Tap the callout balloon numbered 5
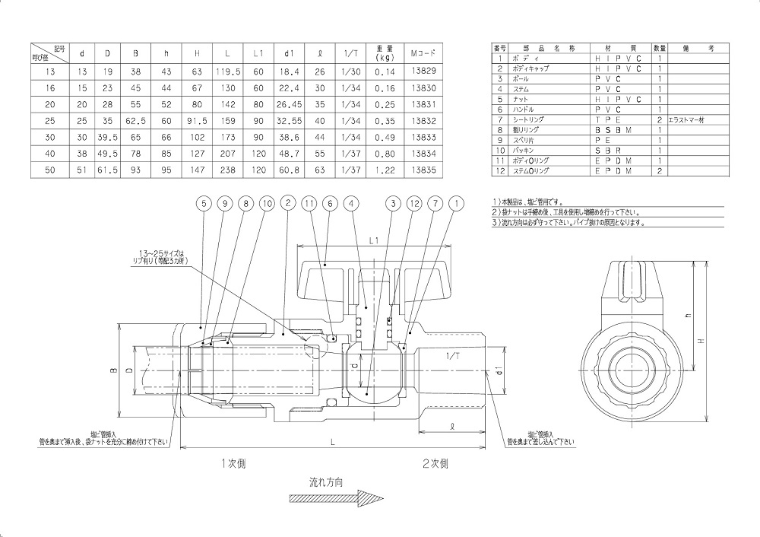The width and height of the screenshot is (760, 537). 203,203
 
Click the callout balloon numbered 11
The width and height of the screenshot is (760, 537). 309,203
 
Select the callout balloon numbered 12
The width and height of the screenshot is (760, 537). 413,203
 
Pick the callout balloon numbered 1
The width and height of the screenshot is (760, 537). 456,203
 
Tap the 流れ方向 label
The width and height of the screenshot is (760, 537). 326,482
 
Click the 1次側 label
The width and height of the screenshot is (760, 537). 233,462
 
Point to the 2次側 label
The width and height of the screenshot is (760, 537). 435,462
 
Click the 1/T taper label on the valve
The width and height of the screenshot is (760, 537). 453,355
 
